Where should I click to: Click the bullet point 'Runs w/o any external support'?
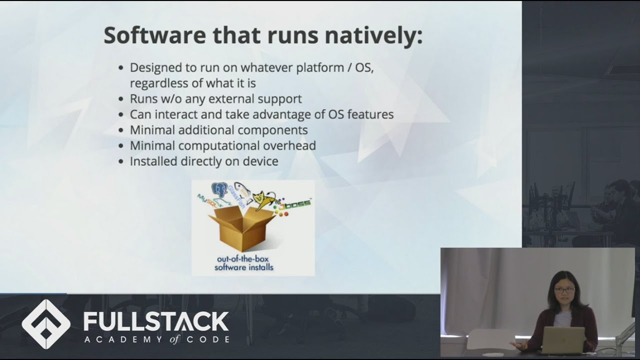point(215,98)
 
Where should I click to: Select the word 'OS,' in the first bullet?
point(364,67)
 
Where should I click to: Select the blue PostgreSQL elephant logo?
point(220,190)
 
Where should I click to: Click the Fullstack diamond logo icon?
point(46,324)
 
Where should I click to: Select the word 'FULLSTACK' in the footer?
point(156,321)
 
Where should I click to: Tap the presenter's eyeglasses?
point(564,289)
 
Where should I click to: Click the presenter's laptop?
point(563,340)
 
